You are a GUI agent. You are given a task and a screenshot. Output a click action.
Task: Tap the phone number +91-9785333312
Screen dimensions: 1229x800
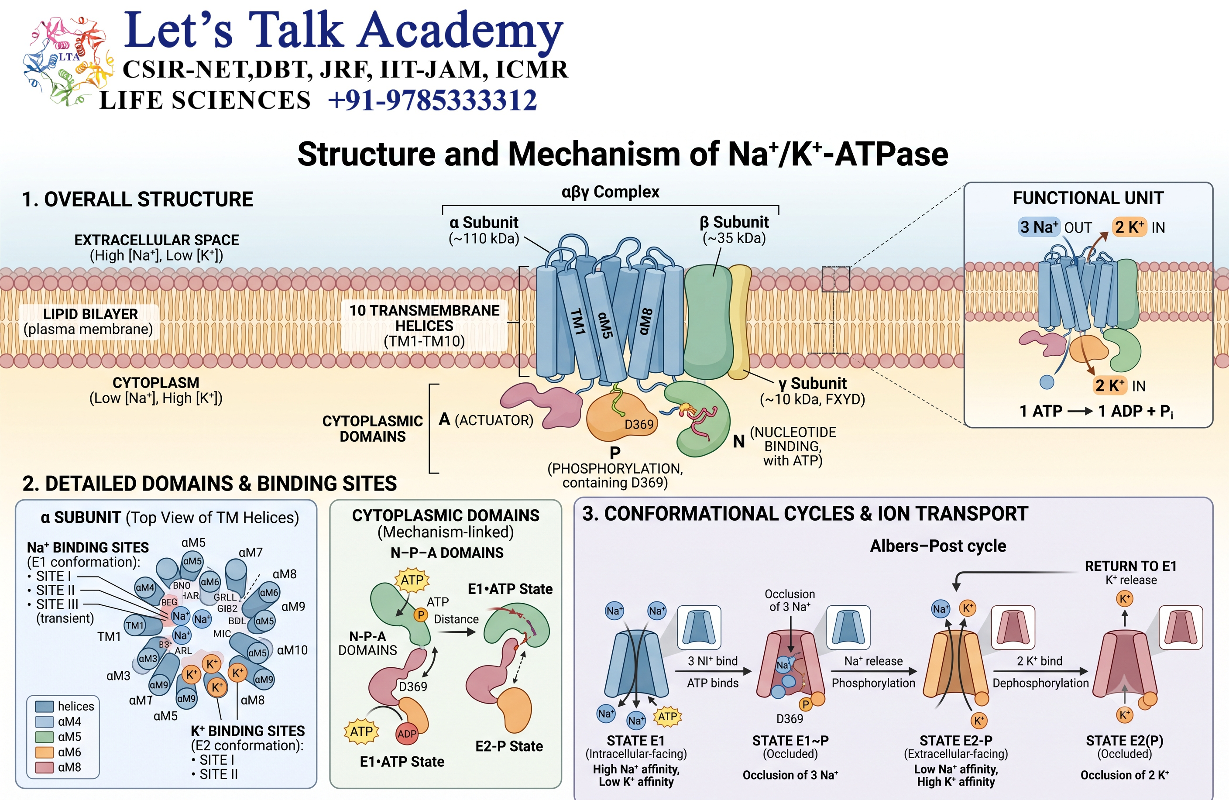[x=433, y=100]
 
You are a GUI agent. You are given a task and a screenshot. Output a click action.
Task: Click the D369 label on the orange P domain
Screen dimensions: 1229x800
[x=639, y=425]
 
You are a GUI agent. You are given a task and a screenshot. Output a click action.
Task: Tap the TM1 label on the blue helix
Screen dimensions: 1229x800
[x=578, y=322]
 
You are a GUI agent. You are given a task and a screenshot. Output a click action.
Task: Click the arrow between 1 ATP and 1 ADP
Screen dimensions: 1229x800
[x=1080, y=412]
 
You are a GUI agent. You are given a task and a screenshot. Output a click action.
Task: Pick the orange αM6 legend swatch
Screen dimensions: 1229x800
[x=45, y=752]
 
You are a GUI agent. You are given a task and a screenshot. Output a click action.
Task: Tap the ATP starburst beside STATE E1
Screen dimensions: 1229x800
[x=668, y=716]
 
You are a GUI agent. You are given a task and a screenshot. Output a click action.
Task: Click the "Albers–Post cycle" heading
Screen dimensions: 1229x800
[x=938, y=546]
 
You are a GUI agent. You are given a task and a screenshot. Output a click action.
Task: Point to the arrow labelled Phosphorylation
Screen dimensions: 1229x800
[x=874, y=671]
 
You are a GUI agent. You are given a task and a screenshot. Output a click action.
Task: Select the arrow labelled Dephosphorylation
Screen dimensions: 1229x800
[x=1040, y=671]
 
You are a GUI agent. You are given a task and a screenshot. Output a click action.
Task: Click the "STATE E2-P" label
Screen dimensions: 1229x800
[x=956, y=741]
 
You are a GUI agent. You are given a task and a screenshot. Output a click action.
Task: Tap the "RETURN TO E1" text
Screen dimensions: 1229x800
[x=1130, y=566]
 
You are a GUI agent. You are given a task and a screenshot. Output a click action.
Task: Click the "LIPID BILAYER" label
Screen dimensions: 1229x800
[x=90, y=314]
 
